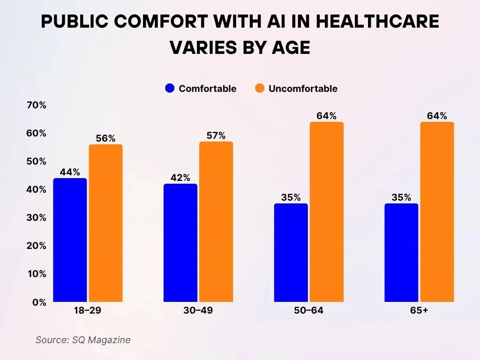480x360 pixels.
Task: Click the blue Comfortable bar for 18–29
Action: tap(70, 240)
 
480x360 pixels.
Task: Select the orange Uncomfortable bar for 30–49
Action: tap(216, 222)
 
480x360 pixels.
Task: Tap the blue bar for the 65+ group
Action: tap(401, 253)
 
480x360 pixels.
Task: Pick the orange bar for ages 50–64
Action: tap(326, 212)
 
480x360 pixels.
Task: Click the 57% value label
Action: tap(216, 136)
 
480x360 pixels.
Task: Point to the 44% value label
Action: tap(70, 172)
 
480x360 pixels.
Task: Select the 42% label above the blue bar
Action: tap(180, 178)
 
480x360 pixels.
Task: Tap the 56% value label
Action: tap(105, 138)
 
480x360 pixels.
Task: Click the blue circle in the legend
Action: tap(170, 89)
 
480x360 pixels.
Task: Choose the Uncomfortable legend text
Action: tap(303, 89)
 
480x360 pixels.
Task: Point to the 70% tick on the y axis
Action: tap(36, 105)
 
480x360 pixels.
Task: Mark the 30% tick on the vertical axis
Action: tap(36, 218)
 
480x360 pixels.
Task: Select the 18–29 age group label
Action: tap(88, 311)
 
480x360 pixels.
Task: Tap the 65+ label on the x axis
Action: tap(419, 311)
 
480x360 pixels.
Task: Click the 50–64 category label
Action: tap(308, 311)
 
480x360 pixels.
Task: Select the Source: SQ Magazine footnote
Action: tap(83, 340)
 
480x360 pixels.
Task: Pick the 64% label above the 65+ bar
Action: tap(437, 116)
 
